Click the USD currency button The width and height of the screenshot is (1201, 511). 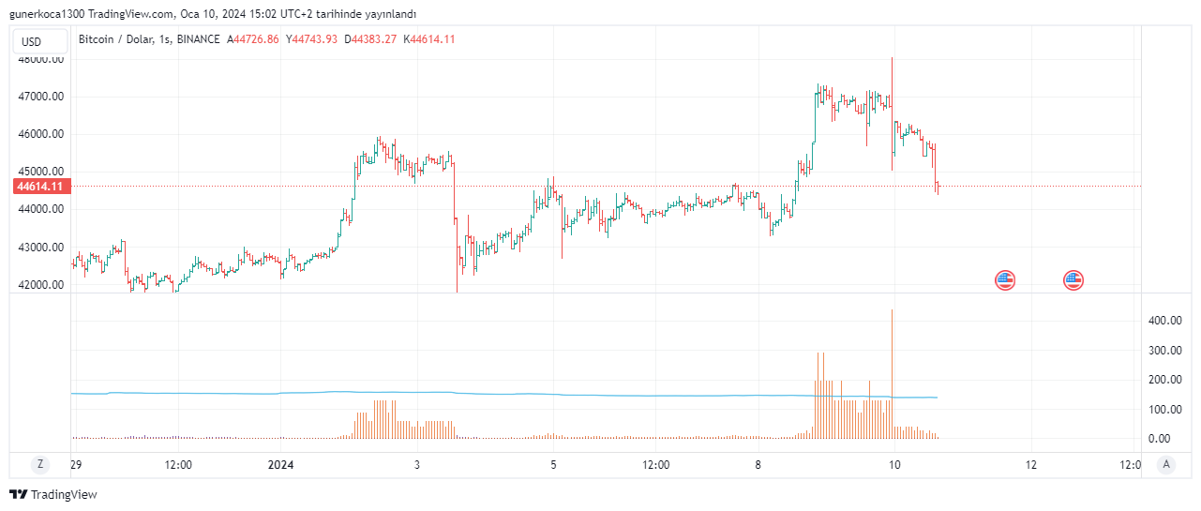point(32,41)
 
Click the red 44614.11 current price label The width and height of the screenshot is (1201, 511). point(39,187)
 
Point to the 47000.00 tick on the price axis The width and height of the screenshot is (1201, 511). point(41,97)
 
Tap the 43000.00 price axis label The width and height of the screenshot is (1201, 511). point(41,248)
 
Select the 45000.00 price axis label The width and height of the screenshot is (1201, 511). point(41,172)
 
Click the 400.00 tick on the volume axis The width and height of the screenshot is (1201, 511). point(1164,321)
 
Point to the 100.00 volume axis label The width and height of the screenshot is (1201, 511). point(1164,410)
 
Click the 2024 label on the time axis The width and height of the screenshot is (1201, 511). point(280,464)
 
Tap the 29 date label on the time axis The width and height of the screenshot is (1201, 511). point(77,464)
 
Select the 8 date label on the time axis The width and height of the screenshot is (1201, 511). point(758,464)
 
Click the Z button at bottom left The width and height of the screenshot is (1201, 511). point(39,464)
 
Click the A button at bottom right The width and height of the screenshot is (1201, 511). point(1165,464)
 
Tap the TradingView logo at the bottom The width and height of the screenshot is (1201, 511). point(53,494)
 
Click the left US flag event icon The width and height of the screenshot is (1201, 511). point(1005,279)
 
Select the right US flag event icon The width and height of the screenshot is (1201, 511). point(1073,279)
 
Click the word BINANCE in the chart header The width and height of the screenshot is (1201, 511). point(198,39)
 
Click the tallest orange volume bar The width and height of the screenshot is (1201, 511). point(892,375)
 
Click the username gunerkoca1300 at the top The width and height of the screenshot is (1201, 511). point(46,14)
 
